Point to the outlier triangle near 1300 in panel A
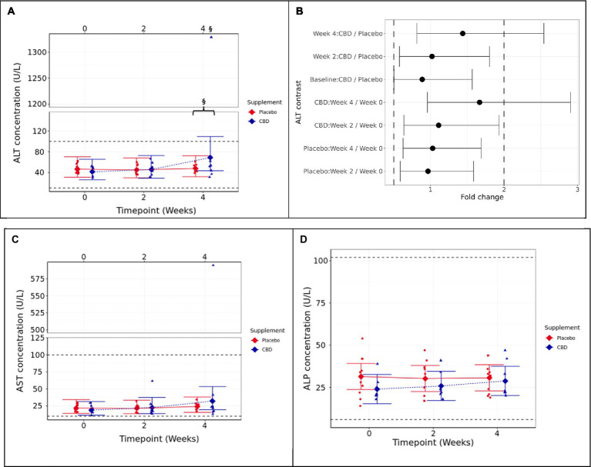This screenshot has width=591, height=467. [x=211, y=37]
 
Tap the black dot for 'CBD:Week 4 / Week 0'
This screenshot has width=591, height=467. [x=479, y=102]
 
